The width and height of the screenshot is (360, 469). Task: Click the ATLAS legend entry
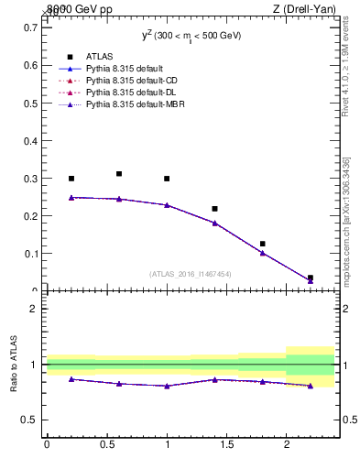[x=99, y=57]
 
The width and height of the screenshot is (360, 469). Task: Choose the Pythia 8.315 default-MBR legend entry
[x=125, y=104]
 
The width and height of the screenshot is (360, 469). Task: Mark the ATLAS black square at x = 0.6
[x=119, y=173]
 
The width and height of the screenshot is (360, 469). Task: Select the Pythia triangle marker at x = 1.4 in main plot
[x=214, y=223]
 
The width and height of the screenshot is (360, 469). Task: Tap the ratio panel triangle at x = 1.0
[x=167, y=386]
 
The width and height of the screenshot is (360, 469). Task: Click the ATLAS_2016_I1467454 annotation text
[x=190, y=273]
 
